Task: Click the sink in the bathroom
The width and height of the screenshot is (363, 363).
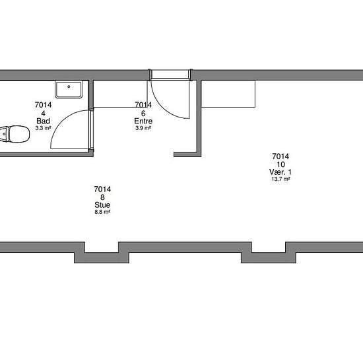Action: click(x=69, y=89)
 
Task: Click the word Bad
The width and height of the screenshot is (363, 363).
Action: click(x=44, y=121)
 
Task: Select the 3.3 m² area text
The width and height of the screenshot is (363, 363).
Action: click(x=44, y=128)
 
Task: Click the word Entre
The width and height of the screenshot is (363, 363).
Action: click(x=143, y=121)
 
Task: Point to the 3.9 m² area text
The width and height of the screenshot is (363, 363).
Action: click(x=143, y=128)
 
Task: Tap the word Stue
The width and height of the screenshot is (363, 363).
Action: click(x=102, y=205)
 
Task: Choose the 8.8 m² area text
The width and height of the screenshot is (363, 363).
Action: click(x=102, y=213)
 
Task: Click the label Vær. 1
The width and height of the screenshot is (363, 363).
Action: click(x=280, y=172)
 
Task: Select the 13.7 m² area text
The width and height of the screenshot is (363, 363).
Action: click(x=280, y=180)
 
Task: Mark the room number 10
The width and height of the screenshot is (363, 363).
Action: click(x=280, y=164)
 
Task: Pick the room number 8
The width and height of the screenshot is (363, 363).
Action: click(x=102, y=197)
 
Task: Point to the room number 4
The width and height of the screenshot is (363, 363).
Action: click(x=44, y=113)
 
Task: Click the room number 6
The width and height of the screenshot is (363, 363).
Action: click(x=143, y=113)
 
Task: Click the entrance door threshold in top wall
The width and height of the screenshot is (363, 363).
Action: click(x=170, y=74)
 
